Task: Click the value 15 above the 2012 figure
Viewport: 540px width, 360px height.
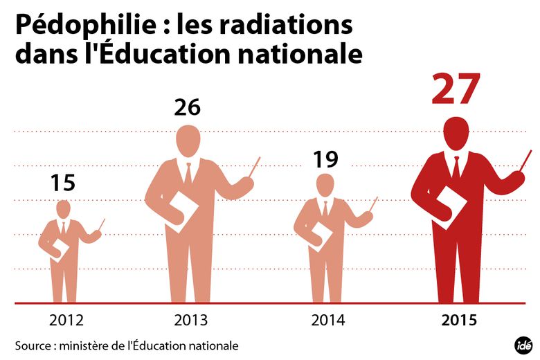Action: pyautogui.click(x=62, y=183)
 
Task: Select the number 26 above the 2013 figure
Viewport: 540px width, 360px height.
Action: pyautogui.click(x=187, y=107)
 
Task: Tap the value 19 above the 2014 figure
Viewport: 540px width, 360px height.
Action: pyautogui.click(x=325, y=159)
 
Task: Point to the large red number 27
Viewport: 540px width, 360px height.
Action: pyautogui.click(x=456, y=89)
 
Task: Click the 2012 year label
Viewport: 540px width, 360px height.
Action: pyautogui.click(x=66, y=321)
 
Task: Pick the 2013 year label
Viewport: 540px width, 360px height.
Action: pyautogui.click(x=190, y=321)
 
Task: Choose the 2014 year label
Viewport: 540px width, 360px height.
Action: pyautogui.click(x=328, y=321)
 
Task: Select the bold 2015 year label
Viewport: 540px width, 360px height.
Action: pyautogui.click(x=459, y=321)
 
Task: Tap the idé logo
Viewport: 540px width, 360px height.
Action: pyautogui.click(x=523, y=344)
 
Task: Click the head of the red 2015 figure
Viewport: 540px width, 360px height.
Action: pyautogui.click(x=456, y=132)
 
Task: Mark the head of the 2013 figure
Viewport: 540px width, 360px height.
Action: pyautogui.click(x=188, y=140)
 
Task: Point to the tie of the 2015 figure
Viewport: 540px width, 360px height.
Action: pyautogui.click(x=456, y=168)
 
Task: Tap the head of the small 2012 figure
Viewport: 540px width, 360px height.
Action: pyautogui.click(x=63, y=208)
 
